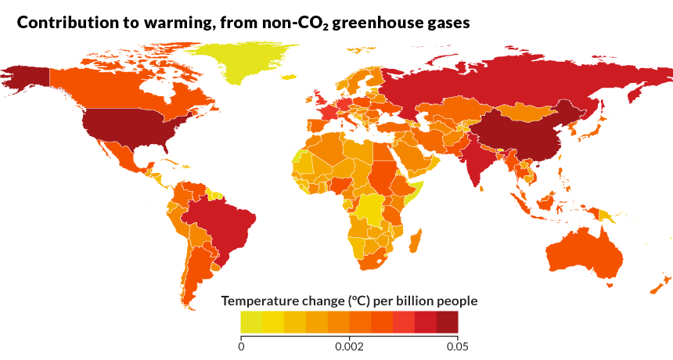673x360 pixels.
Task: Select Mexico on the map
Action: click(117, 157)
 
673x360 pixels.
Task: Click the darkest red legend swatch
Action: click(447, 322)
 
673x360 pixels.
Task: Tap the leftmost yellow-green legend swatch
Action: click(251, 322)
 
